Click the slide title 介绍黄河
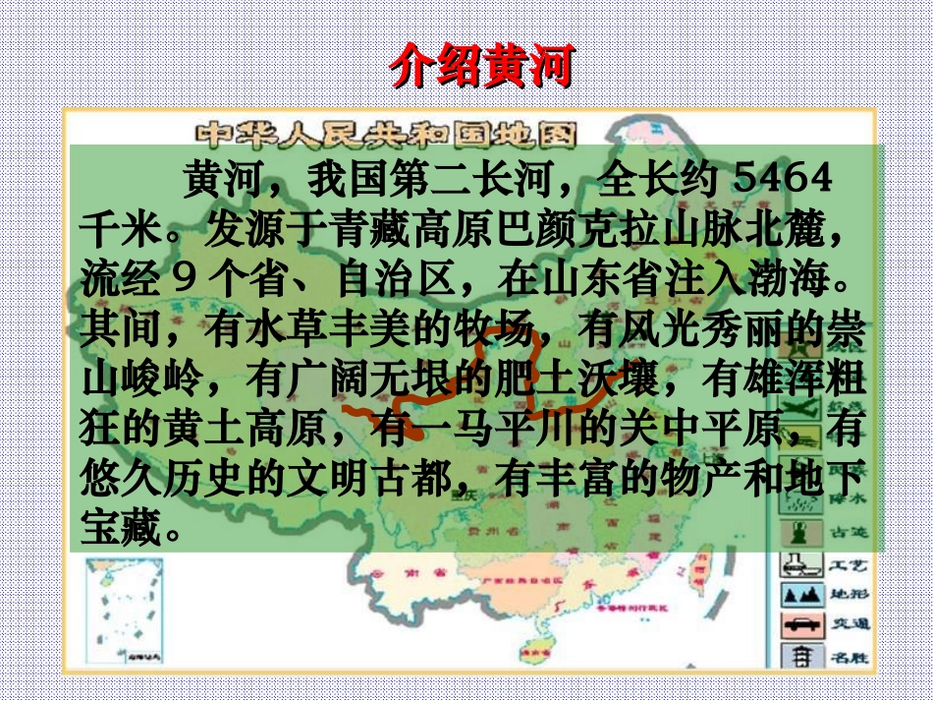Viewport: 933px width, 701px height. pos(480,66)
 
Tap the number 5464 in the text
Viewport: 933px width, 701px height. pos(783,180)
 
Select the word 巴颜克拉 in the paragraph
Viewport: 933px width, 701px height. pos(560,229)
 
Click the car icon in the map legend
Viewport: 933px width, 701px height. pos(799,625)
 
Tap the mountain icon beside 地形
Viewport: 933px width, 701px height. pos(799,595)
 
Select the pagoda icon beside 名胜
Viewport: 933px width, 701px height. pos(799,655)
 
